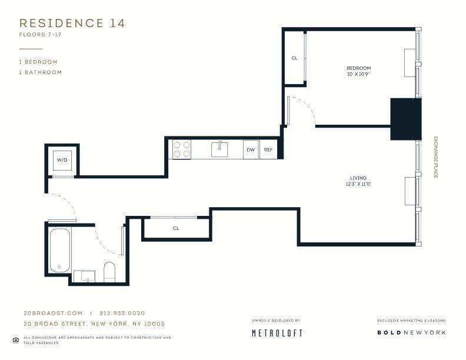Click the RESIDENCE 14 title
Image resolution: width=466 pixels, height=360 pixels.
tap(72, 24)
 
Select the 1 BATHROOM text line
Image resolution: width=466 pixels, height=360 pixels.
tap(41, 72)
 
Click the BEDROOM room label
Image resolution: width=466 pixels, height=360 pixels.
tap(358, 68)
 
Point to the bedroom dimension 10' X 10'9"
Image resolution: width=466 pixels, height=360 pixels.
tap(358, 75)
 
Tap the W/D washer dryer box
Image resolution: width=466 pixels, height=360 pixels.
tap(62, 160)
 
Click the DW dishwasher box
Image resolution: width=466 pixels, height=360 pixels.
tap(251, 150)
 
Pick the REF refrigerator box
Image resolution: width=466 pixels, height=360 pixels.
tap(268, 150)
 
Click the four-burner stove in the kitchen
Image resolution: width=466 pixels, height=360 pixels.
tap(182, 149)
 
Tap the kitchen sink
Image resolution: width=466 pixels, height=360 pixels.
tap(220, 149)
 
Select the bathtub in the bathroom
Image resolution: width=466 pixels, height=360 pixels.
tap(59, 250)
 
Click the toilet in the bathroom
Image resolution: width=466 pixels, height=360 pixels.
tap(109, 272)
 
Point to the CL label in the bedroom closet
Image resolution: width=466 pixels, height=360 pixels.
tap(294, 58)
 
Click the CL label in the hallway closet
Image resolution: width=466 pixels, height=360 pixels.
tap(176, 228)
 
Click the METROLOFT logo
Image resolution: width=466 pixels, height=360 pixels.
tap(277, 333)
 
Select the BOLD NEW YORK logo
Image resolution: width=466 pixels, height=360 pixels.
tap(411, 333)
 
